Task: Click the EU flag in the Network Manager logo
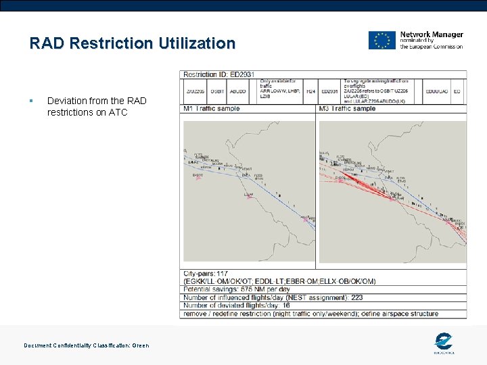tap(381, 41)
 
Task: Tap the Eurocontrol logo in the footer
tap(444, 342)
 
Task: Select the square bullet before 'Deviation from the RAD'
tap(32, 101)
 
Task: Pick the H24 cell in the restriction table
tap(310, 91)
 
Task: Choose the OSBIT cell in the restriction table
tap(217, 91)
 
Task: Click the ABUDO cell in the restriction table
tap(238, 91)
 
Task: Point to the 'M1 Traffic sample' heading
tap(212, 108)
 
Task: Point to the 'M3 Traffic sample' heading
tap(347, 108)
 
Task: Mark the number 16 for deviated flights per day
tap(286, 306)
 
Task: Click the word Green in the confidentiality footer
tap(141, 345)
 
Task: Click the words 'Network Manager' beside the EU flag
tap(432, 34)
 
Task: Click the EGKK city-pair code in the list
tap(195, 281)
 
